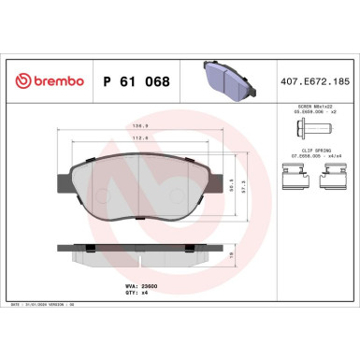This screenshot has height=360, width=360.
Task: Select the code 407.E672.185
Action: tap(317, 81)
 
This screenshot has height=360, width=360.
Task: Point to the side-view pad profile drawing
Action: tap(140, 252)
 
